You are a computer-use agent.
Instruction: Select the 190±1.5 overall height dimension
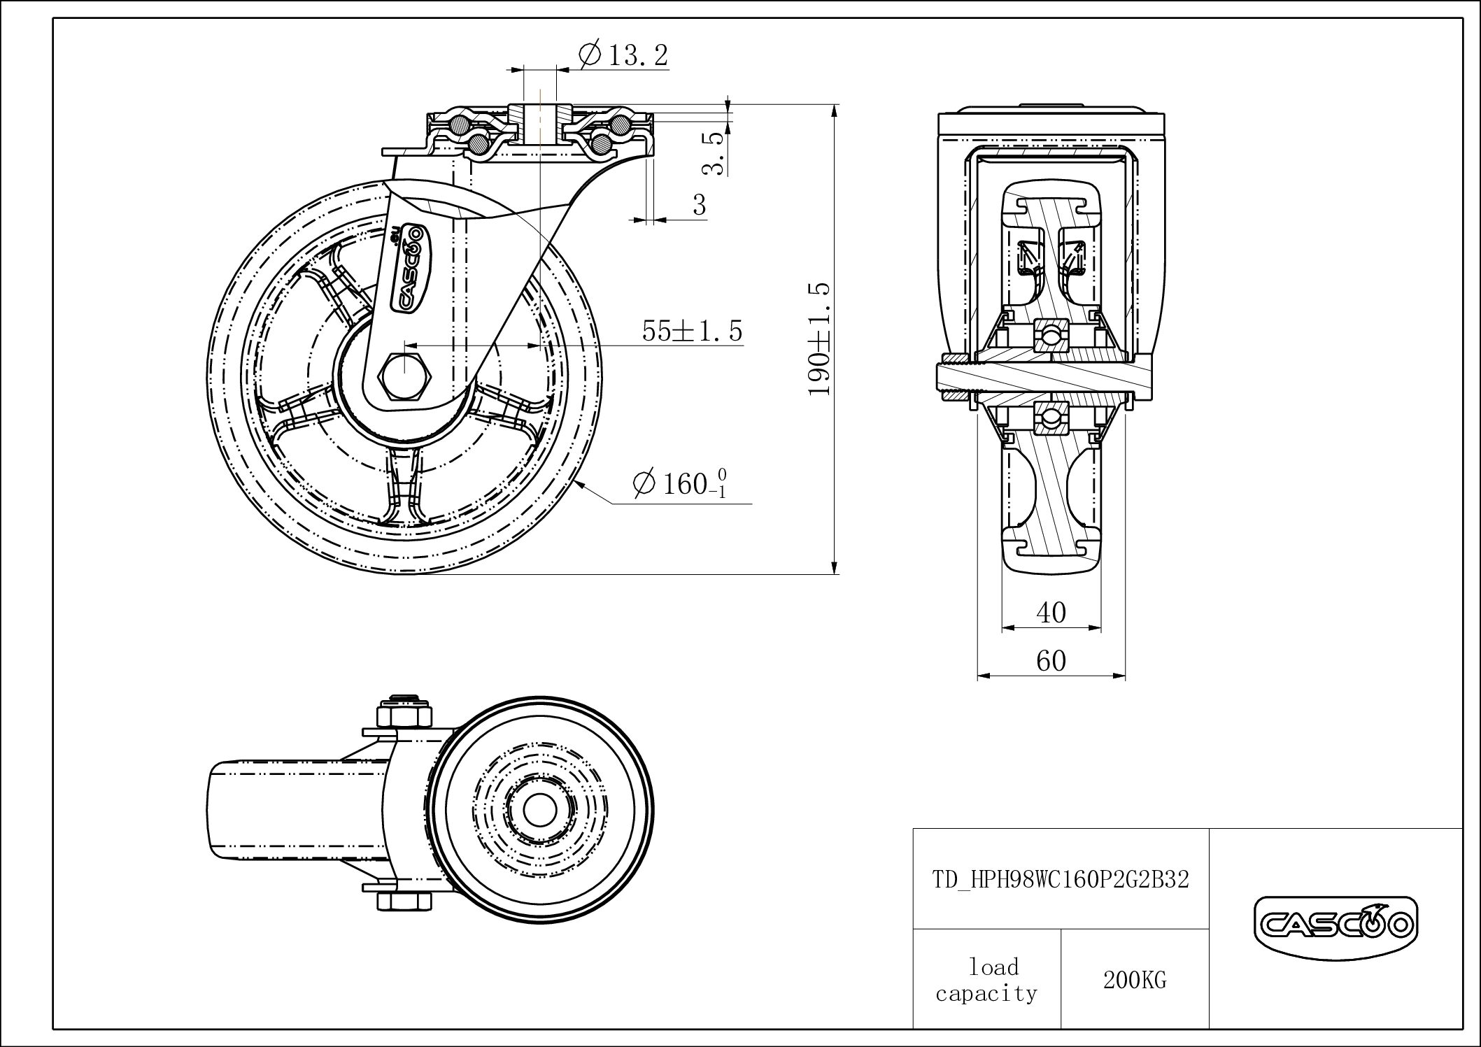819,339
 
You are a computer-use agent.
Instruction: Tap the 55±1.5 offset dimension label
692,331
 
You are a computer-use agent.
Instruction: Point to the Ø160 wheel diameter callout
679,483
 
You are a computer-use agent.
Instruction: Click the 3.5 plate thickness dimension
713,154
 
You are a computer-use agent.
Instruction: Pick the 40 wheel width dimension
1051,613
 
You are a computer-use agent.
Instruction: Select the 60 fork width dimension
1051,660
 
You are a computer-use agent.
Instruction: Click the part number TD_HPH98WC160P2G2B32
1061,879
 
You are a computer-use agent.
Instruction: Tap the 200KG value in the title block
1135,981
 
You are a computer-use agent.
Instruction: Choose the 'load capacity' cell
986,980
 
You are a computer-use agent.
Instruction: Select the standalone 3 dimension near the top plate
700,205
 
